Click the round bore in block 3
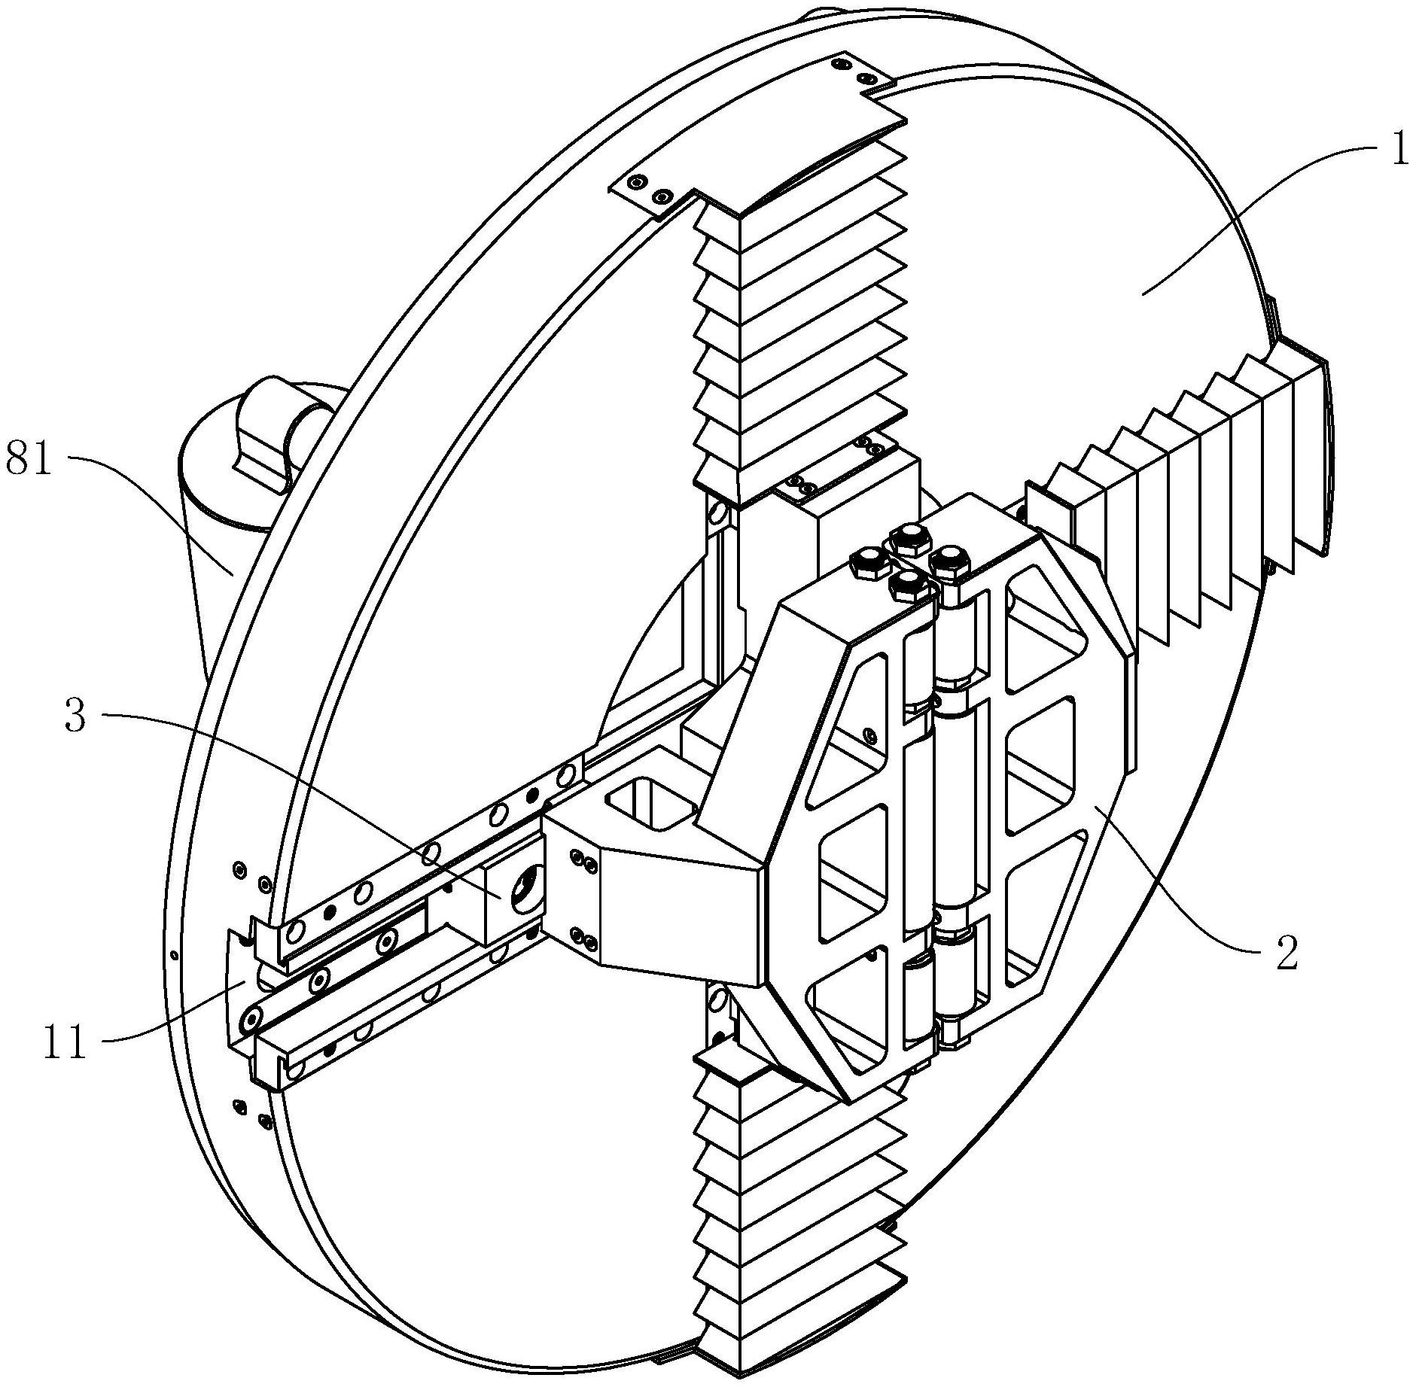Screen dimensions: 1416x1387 click(x=524, y=890)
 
